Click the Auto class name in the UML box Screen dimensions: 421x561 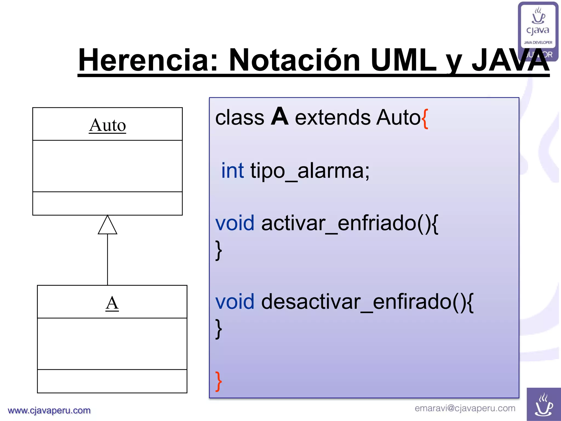pos(107,125)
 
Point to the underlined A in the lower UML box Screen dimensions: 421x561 pos(112,303)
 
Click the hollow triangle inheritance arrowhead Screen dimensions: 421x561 pos(107,226)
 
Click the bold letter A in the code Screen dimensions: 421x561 pos(279,117)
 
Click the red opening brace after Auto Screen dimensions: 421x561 pos(425,118)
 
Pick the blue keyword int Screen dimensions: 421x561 pos(232,170)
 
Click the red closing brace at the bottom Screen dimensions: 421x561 pos(218,381)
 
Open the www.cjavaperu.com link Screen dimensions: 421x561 pos(49,410)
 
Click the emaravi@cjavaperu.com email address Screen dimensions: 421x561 pos(465,408)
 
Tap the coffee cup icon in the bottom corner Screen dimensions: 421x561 pos(543,404)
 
